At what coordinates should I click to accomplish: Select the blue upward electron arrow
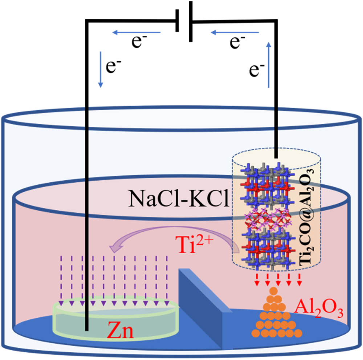269,65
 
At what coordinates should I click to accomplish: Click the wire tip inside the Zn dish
86,328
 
